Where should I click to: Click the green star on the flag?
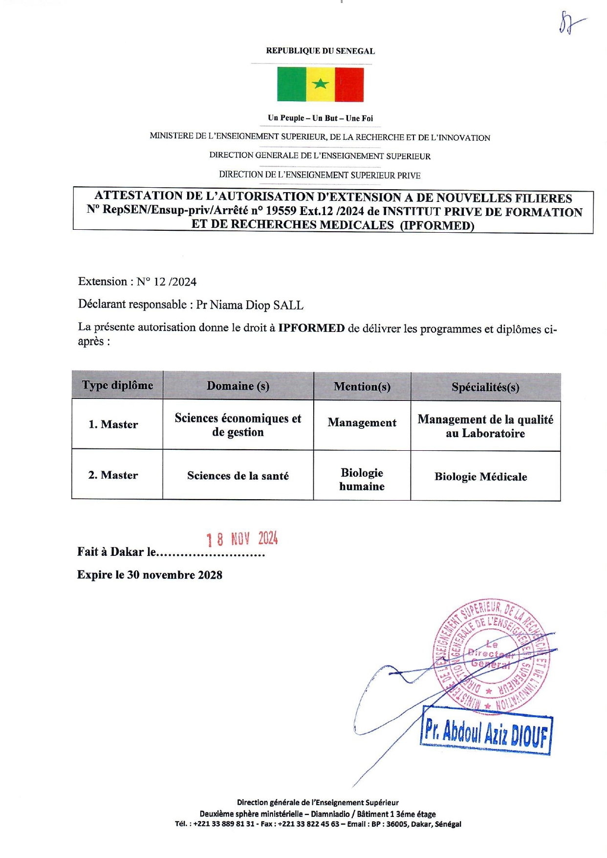pyautogui.click(x=320, y=84)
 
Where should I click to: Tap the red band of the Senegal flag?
pyautogui.click(x=349, y=85)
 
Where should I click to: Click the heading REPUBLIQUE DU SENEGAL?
pyautogui.click(x=320, y=51)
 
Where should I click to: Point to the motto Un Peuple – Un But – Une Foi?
pyautogui.click(x=320, y=118)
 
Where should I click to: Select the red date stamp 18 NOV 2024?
pyautogui.click(x=242, y=539)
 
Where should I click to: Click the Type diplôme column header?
pyautogui.click(x=117, y=385)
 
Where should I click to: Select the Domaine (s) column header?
pyautogui.click(x=238, y=386)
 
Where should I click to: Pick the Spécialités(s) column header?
pyautogui.click(x=485, y=387)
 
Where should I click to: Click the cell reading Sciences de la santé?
pyautogui.click(x=238, y=476)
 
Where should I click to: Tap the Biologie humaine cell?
pyautogui.click(x=362, y=479)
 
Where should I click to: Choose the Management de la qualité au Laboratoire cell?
pyautogui.click(x=485, y=426)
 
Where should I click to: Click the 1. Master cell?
pyautogui.click(x=113, y=424)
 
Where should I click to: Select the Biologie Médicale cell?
pyautogui.click(x=481, y=477)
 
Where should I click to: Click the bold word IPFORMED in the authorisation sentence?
pyautogui.click(x=311, y=328)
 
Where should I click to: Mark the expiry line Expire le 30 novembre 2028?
pyautogui.click(x=150, y=575)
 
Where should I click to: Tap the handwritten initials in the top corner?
pyautogui.click(x=570, y=23)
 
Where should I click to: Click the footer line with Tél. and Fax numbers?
pyautogui.click(x=318, y=824)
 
